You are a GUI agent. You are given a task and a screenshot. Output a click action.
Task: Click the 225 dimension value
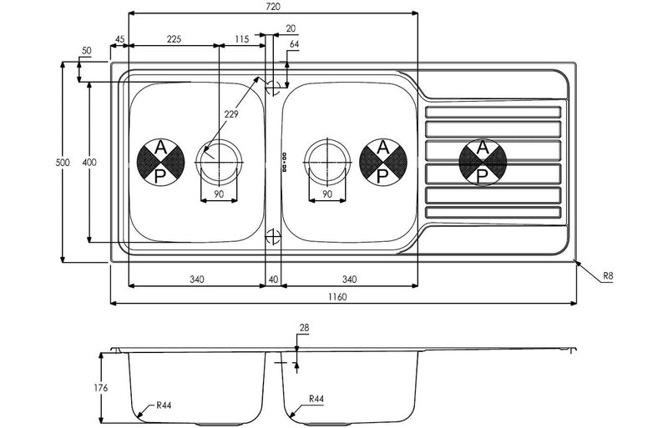click(x=175, y=39)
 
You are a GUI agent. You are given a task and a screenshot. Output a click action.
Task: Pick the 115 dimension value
click(x=242, y=39)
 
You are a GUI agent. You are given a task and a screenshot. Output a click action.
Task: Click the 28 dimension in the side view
click(x=304, y=329)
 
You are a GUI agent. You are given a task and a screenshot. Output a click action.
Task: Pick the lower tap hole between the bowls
click(x=272, y=237)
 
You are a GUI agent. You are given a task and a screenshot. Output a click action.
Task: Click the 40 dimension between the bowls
click(x=272, y=279)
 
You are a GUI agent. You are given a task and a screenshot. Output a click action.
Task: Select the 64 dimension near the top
click(x=294, y=44)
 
